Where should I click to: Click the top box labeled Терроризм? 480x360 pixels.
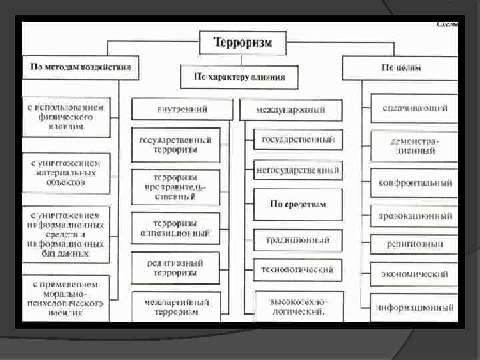point(243,43)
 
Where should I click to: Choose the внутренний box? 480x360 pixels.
point(182,109)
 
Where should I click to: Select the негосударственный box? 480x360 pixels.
point(297,171)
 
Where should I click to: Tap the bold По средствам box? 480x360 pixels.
point(298,203)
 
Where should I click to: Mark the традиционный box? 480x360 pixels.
point(298,239)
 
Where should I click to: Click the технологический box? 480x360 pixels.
point(297,269)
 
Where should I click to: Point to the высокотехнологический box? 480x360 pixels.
point(297,306)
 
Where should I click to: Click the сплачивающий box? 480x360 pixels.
point(415,108)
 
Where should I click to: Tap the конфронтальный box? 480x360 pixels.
point(415,183)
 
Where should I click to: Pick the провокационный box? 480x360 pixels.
point(415,216)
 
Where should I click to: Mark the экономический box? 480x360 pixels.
point(415,274)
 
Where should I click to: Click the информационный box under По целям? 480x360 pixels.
point(415,307)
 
